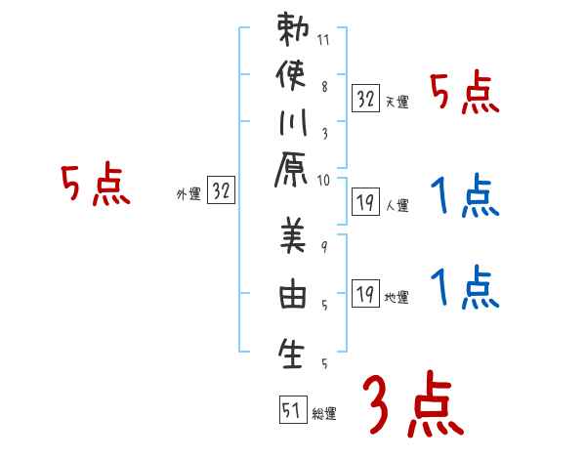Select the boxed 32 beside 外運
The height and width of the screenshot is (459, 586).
coord(221,191)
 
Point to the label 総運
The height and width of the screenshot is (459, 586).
coord(324,414)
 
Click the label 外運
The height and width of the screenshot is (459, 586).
coord(188,194)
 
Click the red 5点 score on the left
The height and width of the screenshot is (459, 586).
coord(95,185)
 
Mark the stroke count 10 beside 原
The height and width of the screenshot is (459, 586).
coord(323,179)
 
